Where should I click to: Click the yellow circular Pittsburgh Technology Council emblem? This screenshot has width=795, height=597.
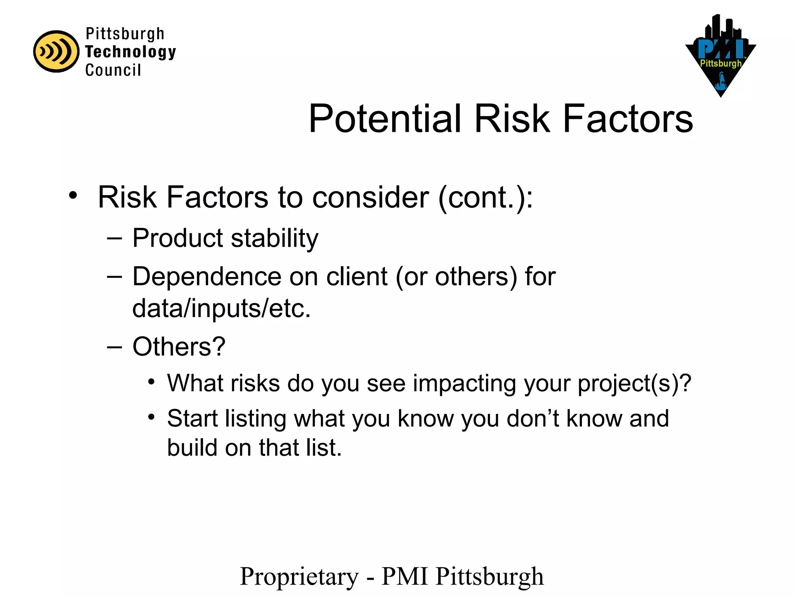point(56,51)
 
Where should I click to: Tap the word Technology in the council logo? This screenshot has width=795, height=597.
point(130,52)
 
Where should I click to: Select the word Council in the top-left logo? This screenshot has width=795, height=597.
point(113,70)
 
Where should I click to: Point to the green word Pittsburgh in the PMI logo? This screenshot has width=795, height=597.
point(720,63)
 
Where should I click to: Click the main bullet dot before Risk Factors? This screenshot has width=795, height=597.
point(73,195)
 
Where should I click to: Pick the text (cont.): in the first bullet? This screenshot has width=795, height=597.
point(485,197)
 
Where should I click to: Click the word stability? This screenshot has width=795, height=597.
point(274,238)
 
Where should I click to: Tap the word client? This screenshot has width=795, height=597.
point(357,277)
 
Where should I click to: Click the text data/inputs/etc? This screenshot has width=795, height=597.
point(221,308)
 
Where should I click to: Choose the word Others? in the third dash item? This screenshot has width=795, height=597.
point(179,346)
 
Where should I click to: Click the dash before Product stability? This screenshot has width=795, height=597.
point(114,238)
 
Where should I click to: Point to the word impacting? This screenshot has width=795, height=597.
point(464,383)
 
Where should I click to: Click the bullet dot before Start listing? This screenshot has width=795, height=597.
point(151,417)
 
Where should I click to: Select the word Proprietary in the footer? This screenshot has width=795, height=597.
point(299,576)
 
